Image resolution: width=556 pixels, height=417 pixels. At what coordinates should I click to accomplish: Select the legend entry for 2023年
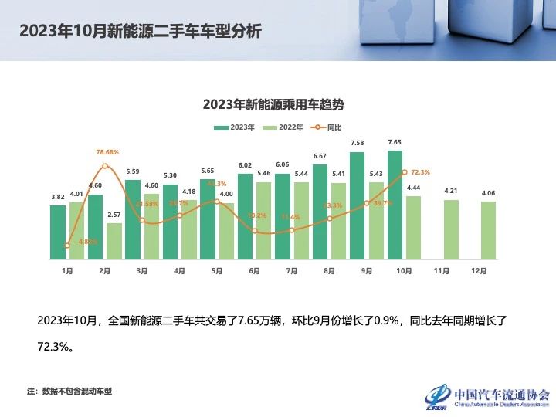[x=234, y=127]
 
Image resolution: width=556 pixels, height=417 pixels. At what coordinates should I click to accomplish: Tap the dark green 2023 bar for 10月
[x=395, y=205]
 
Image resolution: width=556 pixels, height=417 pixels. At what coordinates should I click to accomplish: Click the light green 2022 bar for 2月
[x=114, y=241]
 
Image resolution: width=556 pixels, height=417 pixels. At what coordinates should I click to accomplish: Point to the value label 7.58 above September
[x=358, y=144]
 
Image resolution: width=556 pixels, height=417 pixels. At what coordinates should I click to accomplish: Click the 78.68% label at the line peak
[x=107, y=153]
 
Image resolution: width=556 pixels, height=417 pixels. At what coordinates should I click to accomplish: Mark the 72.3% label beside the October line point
[x=421, y=172]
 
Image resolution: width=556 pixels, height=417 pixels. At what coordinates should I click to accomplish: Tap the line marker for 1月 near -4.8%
[x=67, y=246]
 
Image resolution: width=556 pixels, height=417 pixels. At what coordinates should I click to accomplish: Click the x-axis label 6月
[x=254, y=271]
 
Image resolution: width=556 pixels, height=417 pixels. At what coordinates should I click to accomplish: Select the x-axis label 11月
[x=442, y=271]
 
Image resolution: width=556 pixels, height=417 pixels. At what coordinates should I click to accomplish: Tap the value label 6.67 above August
[x=320, y=156]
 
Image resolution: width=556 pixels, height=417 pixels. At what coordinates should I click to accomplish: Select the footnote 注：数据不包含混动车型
[x=69, y=391]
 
